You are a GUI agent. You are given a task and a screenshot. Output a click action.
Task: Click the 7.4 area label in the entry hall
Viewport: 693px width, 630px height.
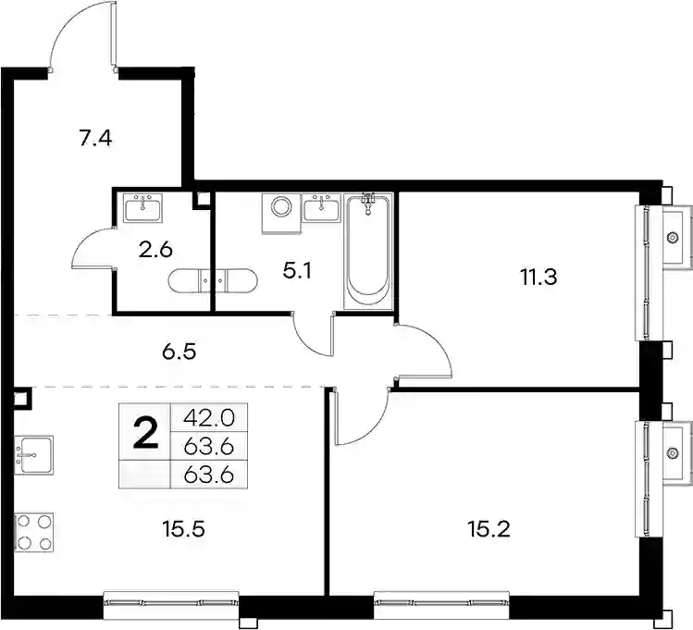(95, 139)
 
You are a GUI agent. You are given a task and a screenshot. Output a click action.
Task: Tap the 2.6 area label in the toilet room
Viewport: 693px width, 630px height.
(155, 251)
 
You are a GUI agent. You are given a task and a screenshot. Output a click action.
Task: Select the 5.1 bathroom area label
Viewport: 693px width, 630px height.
(297, 271)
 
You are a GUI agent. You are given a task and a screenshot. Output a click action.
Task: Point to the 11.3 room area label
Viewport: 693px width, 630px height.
(539, 278)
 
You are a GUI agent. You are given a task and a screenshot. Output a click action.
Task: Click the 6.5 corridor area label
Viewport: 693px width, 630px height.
(179, 352)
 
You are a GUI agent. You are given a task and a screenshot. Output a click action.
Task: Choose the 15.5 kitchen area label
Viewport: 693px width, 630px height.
(183, 529)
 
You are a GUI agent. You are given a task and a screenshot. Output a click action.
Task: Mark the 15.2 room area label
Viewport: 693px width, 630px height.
(489, 529)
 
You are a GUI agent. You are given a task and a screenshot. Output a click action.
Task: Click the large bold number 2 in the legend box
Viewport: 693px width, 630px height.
(145, 433)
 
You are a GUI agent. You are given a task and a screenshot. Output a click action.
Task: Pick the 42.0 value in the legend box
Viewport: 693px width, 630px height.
(208, 417)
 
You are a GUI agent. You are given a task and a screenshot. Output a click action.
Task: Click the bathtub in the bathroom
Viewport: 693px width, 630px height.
(368, 250)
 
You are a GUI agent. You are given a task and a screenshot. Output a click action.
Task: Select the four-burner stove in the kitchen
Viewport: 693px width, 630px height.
(34, 532)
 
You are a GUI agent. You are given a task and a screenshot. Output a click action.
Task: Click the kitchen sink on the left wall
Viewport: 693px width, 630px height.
(34, 455)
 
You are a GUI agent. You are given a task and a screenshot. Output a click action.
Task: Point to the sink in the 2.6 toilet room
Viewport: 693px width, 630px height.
(143, 207)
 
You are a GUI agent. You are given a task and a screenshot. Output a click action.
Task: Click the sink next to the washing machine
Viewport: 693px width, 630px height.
(322, 207)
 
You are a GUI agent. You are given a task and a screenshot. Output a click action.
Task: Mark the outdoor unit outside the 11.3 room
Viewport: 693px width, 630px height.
(677, 237)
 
